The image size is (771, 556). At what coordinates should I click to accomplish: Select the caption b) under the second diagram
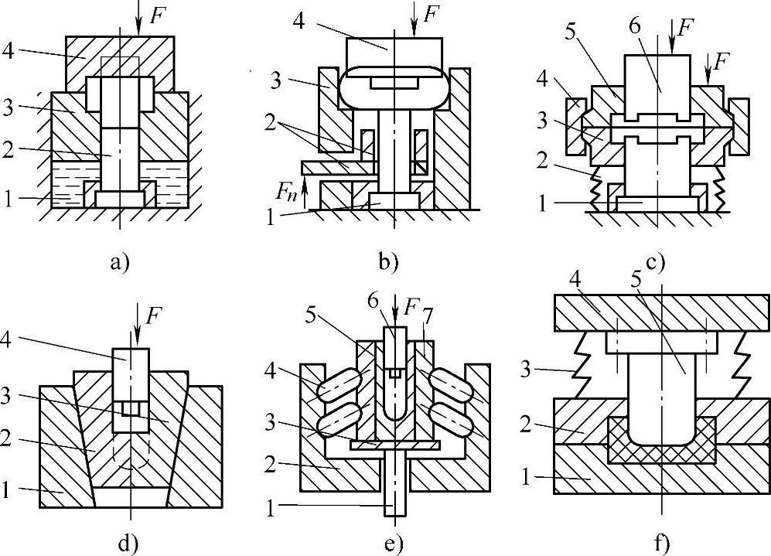388,261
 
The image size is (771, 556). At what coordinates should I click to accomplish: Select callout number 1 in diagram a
10,200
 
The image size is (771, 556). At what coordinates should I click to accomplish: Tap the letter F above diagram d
157,314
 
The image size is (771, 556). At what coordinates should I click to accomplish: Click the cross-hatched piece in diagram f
662,453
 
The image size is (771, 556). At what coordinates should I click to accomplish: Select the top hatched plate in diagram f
662,317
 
